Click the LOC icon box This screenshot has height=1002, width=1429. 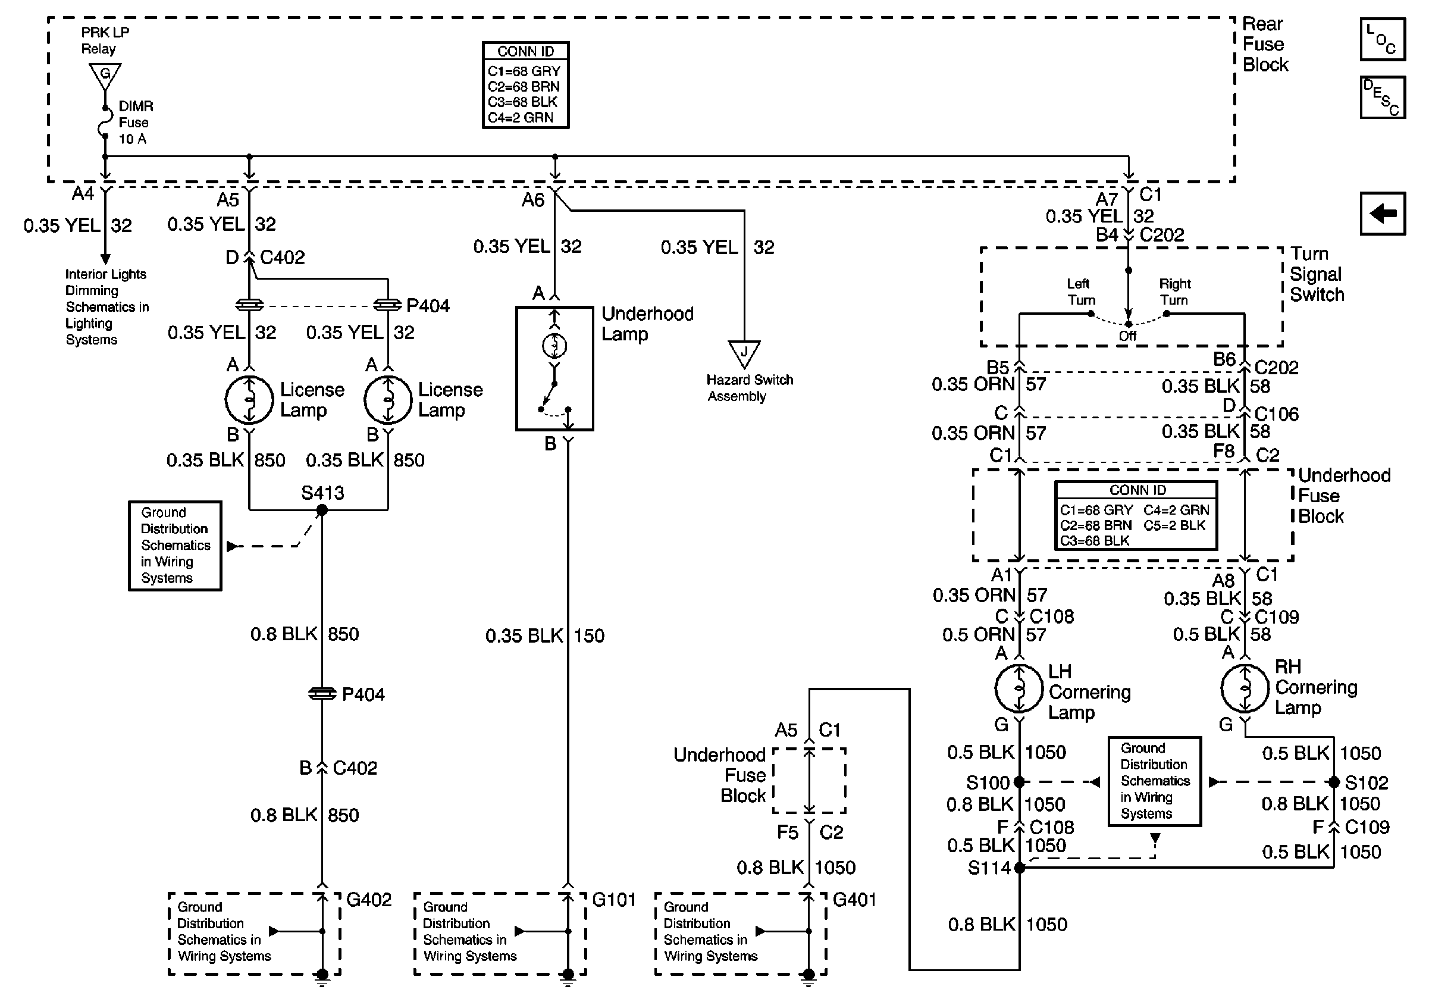click(1383, 40)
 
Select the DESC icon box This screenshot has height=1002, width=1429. click(1383, 97)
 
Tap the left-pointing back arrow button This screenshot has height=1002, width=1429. click(1383, 214)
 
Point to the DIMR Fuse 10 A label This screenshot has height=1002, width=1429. click(135, 123)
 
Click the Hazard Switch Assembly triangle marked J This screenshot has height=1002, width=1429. click(744, 353)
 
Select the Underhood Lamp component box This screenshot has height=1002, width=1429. click(554, 368)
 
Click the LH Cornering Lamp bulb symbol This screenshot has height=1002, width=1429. click(1019, 688)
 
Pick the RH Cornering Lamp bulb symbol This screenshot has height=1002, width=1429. click(1244, 688)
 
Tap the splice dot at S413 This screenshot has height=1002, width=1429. click(322, 511)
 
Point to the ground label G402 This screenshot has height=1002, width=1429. click(368, 900)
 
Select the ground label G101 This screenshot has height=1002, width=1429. click(614, 900)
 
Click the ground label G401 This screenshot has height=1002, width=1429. click(854, 900)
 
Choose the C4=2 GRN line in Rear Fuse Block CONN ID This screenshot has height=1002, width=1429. click(521, 118)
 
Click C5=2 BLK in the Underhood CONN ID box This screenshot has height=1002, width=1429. click(1174, 525)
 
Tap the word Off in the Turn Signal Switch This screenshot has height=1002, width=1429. click(1128, 336)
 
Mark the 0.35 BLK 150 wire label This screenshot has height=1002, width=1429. click(544, 635)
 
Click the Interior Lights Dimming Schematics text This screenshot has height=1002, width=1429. click(106, 306)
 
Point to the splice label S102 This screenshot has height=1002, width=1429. click(1366, 782)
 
